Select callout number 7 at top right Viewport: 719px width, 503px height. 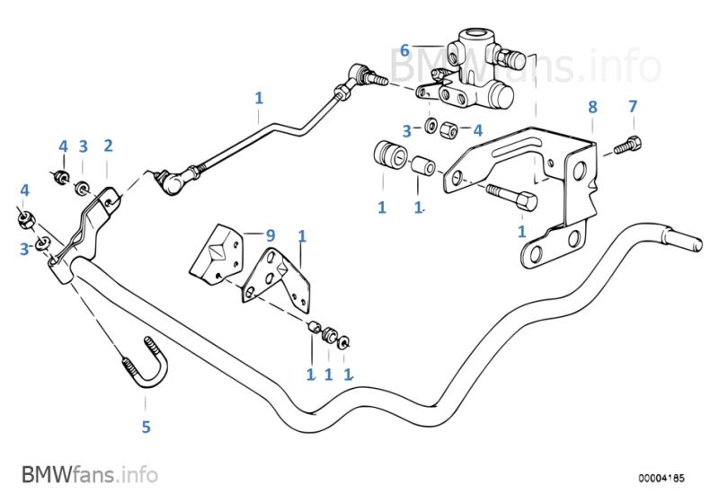632,106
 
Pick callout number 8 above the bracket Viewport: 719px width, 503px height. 592,106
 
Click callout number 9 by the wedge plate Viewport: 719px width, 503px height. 269,234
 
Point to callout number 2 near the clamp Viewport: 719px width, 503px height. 108,146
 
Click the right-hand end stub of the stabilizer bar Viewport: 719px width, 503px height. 688,243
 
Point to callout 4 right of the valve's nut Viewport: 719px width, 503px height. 478,130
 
